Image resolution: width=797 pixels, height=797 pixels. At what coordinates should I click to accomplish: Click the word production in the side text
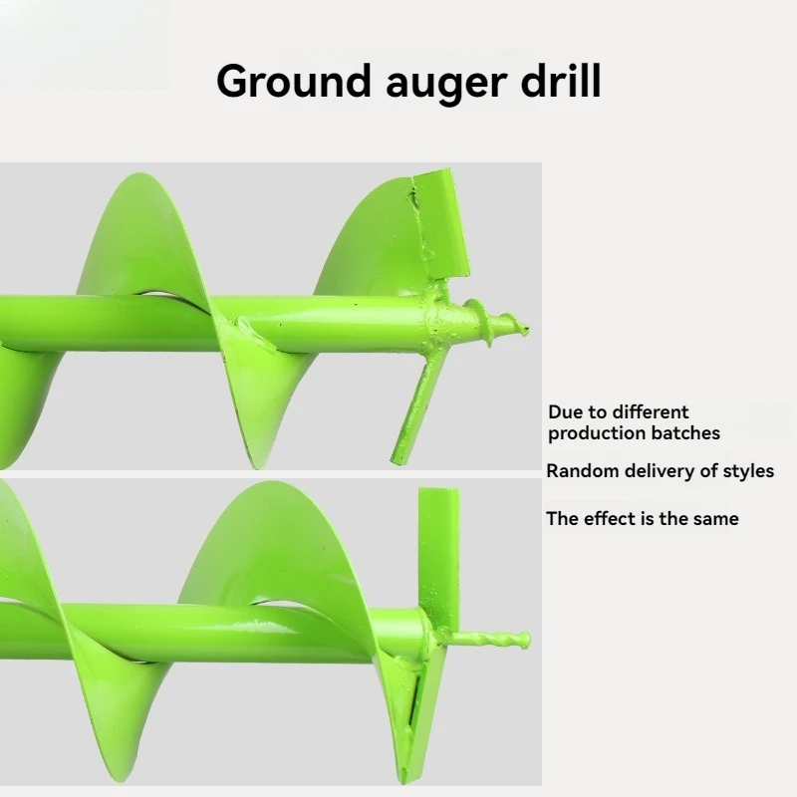595,433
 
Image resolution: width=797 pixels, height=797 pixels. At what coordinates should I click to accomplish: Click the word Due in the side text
565,411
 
